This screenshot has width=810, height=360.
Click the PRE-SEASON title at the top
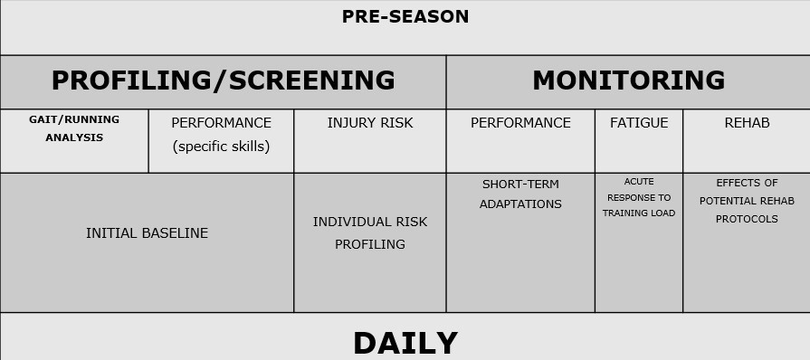tap(405, 16)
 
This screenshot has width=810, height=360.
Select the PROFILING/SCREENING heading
tap(223, 81)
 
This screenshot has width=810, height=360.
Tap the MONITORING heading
tap(628, 81)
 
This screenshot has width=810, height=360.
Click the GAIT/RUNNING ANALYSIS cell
tap(74, 128)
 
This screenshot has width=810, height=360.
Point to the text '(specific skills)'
tap(221, 146)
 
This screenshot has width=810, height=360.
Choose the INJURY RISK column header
tap(369, 123)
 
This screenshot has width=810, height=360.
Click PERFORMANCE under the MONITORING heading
tap(520, 123)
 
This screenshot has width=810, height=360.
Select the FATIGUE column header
tap(639, 123)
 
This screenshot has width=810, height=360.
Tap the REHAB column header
tap(747, 123)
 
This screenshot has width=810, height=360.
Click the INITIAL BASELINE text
tap(147, 233)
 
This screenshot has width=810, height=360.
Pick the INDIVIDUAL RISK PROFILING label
tap(369, 232)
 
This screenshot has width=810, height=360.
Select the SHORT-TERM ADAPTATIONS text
tap(520, 194)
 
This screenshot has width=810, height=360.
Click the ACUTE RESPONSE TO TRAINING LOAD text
tap(639, 197)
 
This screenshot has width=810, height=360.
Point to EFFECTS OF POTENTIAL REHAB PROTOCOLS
tap(747, 200)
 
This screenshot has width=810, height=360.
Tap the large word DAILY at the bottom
tap(405, 344)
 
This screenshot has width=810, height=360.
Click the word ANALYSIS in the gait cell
tap(74, 138)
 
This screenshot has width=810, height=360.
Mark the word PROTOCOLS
tap(747, 219)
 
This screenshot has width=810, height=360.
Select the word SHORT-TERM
tap(520, 185)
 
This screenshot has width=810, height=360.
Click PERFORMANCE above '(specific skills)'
tap(221, 123)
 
